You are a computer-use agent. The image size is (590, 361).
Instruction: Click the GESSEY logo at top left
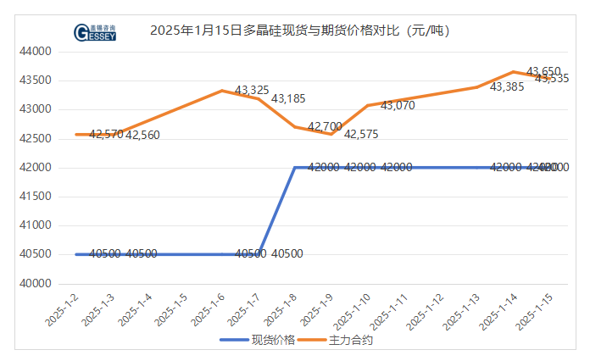pos(95,32)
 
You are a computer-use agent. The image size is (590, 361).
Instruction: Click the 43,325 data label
pos(252,90)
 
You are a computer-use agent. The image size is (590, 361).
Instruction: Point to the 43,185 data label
pos(288,99)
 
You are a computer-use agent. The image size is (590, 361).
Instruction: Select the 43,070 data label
pos(398,106)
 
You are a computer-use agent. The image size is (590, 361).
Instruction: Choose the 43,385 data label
pos(507,86)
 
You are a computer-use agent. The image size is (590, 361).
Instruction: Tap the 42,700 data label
pos(325,127)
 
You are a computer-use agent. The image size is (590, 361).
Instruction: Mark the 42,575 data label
pos(361,135)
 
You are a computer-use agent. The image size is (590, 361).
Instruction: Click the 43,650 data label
pos(543,71)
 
